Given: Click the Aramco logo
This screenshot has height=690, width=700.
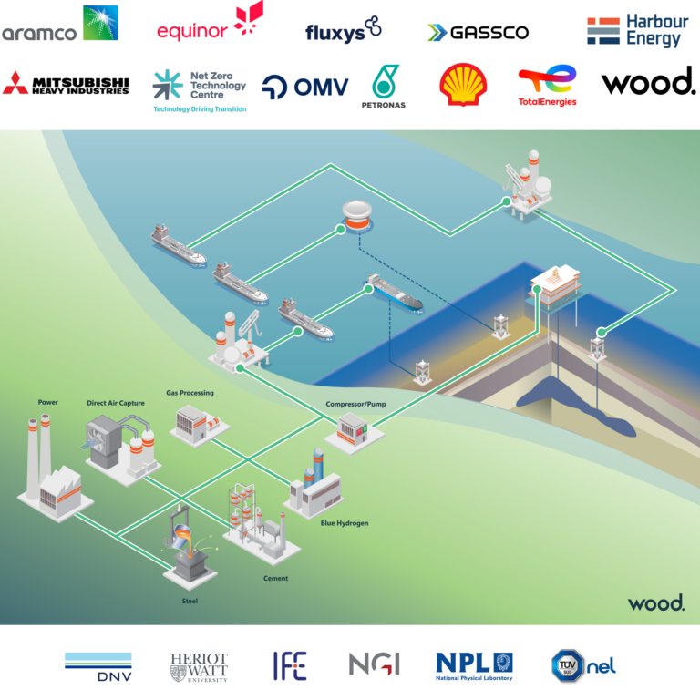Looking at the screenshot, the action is [x=60, y=24].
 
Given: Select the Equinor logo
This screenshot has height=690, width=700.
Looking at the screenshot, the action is [x=211, y=22].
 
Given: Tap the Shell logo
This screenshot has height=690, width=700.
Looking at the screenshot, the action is [x=463, y=85].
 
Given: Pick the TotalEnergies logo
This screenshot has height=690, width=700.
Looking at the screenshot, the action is [x=547, y=86].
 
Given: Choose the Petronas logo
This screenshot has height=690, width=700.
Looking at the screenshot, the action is [x=384, y=87].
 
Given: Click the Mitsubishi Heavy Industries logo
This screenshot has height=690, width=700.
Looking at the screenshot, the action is [x=66, y=84].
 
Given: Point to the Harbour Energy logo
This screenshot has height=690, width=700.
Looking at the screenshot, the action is [x=638, y=30].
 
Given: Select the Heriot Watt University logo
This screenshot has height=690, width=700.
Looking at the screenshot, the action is [x=199, y=667].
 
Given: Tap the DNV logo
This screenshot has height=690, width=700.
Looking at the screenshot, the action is [x=98, y=667].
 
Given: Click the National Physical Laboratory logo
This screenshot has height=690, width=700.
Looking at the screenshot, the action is [x=474, y=666].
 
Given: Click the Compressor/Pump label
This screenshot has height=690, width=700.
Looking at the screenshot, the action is [x=355, y=404].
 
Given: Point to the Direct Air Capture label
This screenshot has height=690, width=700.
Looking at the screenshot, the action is [x=116, y=403].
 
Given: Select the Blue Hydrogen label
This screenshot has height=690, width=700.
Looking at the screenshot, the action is [x=345, y=523].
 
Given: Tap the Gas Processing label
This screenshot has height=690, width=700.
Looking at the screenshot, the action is [x=190, y=393].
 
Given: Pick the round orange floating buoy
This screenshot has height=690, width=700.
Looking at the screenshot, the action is [x=357, y=216].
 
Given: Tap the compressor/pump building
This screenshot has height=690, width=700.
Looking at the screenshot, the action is [x=354, y=430].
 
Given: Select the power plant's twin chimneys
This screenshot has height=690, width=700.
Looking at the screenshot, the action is [x=38, y=454].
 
